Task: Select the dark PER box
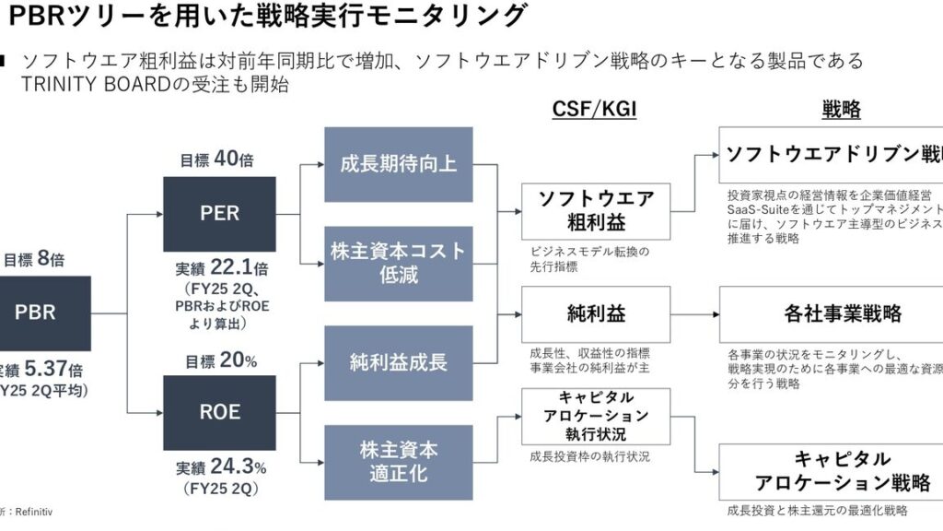point(219,214)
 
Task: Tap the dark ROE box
point(219,411)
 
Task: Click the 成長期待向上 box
point(399,165)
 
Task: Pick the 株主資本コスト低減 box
point(399,264)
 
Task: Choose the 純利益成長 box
point(399,361)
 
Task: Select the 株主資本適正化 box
point(399,461)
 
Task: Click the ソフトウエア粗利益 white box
point(596,211)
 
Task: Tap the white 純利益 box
point(596,314)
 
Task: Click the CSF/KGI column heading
point(594,110)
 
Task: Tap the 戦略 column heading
point(840,110)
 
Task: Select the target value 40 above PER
point(226,159)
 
